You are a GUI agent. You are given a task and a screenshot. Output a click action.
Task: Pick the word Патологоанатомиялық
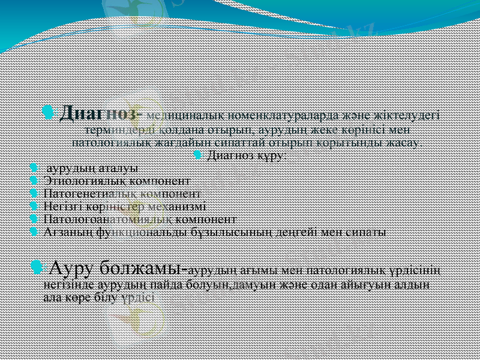100,218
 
